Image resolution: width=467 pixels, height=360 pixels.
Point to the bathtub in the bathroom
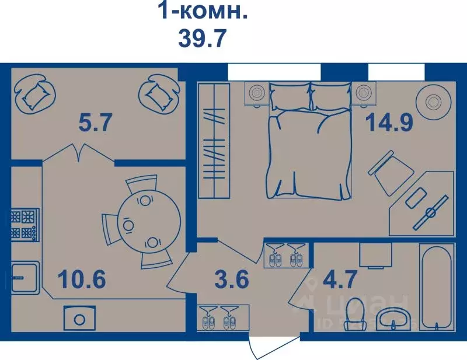(x=436, y=288)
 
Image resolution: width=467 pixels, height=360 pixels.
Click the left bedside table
(x=256, y=94)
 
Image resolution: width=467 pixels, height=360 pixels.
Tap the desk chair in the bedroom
(x=389, y=172)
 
